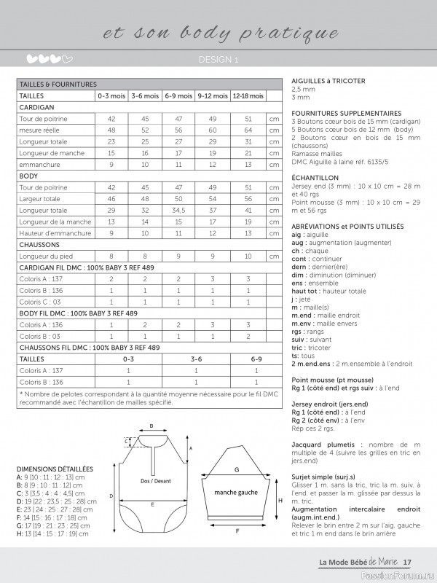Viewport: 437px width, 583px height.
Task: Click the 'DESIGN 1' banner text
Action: tap(219, 59)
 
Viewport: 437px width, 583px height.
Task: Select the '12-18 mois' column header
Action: tap(248, 95)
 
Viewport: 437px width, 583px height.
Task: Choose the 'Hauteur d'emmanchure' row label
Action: tap(55, 233)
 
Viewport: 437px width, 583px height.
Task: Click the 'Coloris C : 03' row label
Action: tap(41, 302)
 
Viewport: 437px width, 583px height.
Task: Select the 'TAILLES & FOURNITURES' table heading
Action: tap(58, 85)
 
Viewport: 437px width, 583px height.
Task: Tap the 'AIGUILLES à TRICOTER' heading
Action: tap(328, 81)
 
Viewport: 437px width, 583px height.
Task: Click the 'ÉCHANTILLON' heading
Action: tap(315, 177)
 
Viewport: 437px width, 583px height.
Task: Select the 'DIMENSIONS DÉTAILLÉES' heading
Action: tap(55, 469)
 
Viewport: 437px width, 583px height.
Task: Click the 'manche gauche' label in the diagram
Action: tap(237, 493)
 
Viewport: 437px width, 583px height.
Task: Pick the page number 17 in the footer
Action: tap(408, 561)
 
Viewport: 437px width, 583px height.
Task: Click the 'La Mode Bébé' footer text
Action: tap(342, 561)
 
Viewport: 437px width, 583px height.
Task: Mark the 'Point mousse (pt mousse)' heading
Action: tap(332, 380)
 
